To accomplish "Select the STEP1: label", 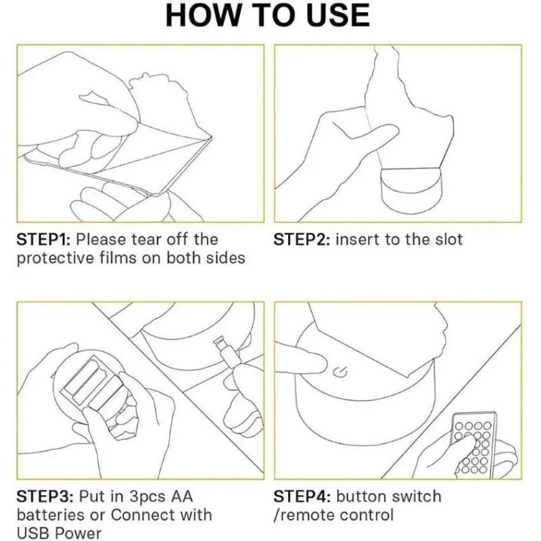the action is pos(43,239).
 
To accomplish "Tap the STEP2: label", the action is pos(302,239).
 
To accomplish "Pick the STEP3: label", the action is pos(45,496).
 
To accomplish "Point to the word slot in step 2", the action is pos(448,239).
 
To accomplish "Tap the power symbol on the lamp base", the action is pos(339,373).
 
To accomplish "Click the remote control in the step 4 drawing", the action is pos(475,444).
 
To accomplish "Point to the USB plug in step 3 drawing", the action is pos(227,352).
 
